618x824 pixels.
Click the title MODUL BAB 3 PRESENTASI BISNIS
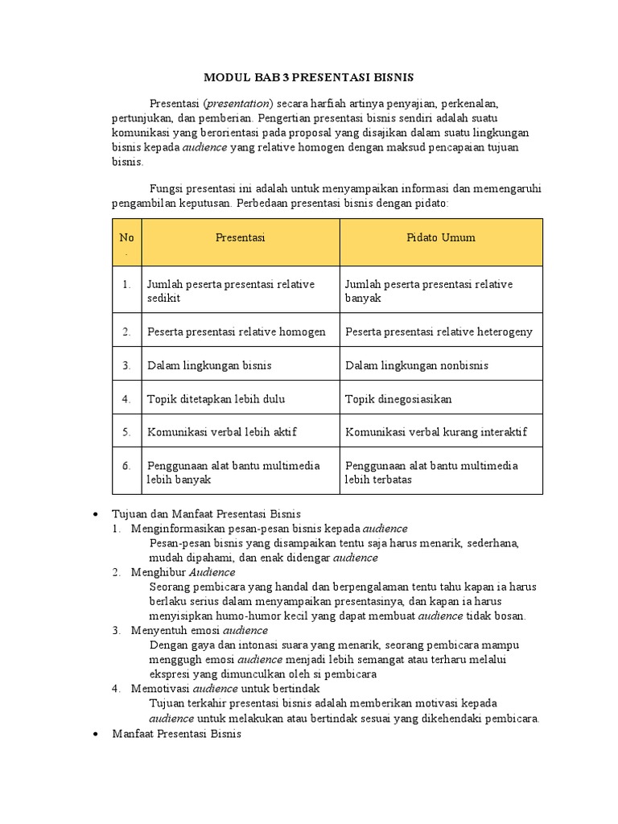pos(308,77)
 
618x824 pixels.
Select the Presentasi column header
pos(240,237)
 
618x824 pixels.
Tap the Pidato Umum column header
pos(440,237)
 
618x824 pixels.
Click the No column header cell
pos(126,242)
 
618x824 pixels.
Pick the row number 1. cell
pos(126,284)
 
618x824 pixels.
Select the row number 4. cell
pos(126,398)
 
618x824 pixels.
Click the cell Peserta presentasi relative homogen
pos(236,332)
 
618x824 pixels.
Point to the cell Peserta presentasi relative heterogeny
pos(439,332)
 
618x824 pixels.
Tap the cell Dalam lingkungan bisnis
pos(209,365)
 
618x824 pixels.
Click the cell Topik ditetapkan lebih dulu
pos(216,398)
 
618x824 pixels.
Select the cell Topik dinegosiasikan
pos(398,398)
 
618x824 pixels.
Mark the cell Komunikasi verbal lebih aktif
pos(221,432)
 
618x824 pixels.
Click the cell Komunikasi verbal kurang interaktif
pos(436,432)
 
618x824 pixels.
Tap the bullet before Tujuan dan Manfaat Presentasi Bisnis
pos(96,514)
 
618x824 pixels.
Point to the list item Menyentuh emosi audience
pos(200,630)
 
